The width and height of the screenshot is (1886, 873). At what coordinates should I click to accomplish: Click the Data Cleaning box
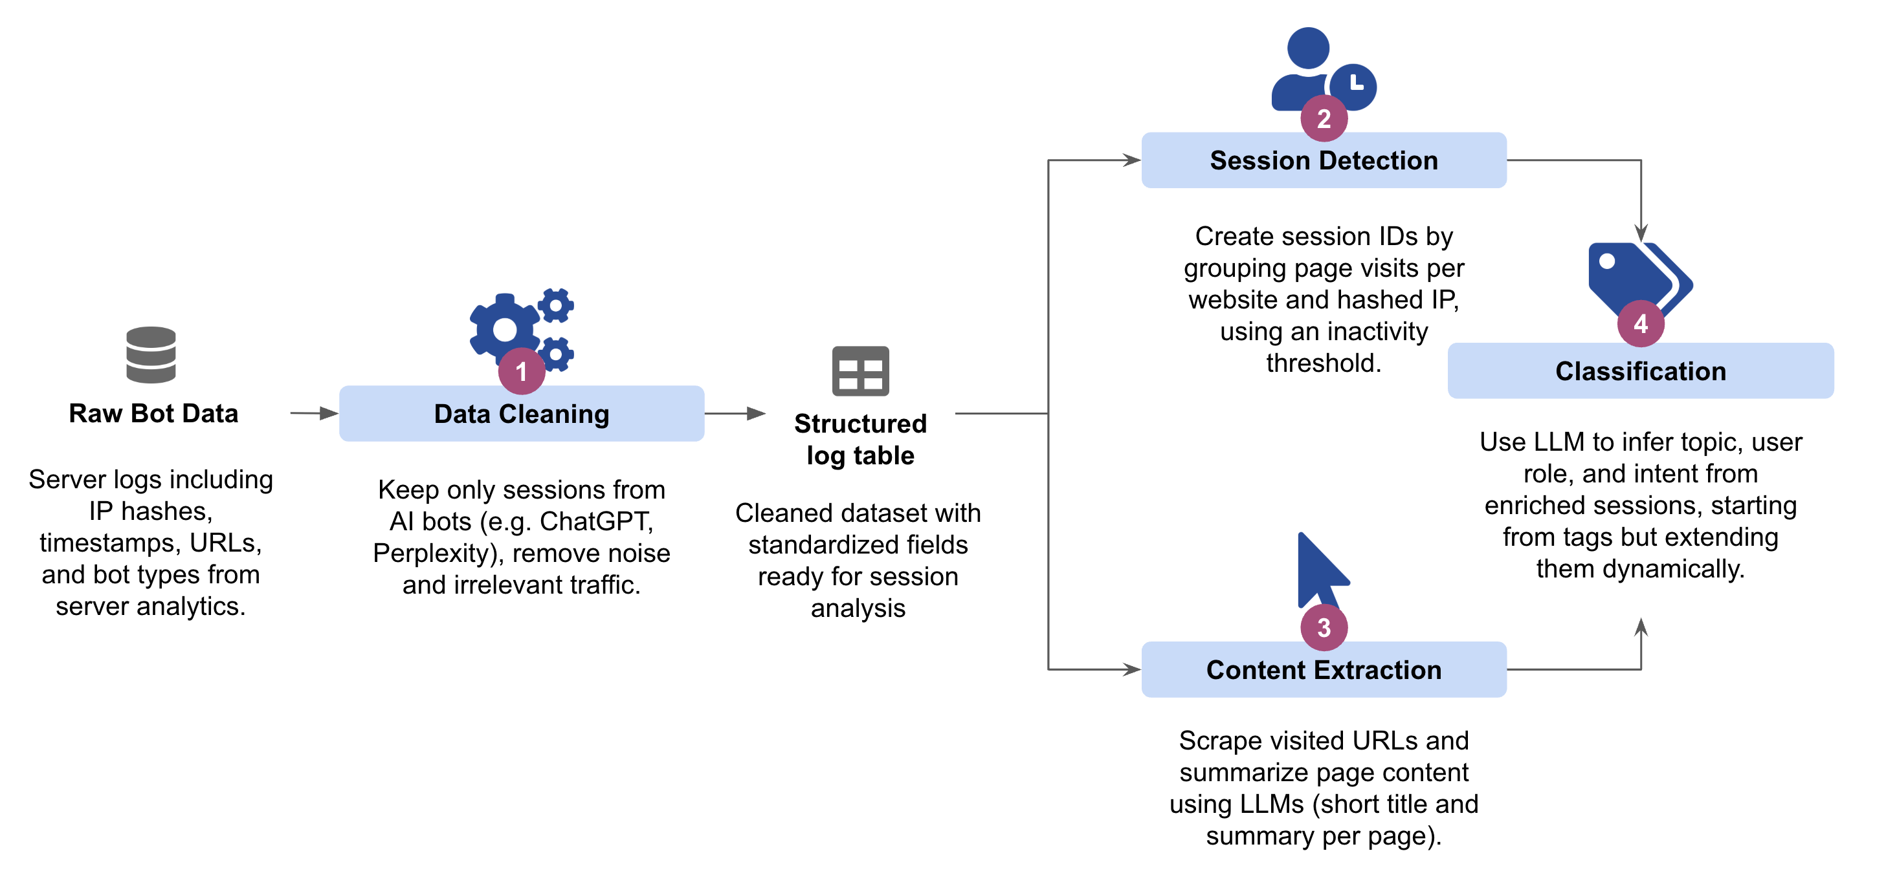tap(521, 413)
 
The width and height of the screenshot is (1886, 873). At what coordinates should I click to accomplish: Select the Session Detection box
tap(1323, 160)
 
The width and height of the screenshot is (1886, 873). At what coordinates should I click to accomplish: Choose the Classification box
tap(1640, 371)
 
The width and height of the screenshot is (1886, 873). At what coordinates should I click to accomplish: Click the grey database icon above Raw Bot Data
tap(151, 355)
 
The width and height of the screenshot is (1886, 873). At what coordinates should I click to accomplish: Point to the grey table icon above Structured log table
tap(860, 371)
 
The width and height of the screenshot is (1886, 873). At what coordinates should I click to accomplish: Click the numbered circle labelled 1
tap(521, 371)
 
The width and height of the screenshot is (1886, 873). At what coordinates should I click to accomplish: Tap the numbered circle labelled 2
tap(1324, 118)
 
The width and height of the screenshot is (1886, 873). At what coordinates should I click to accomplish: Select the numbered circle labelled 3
tap(1324, 627)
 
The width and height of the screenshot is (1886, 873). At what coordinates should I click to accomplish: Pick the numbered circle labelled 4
tap(1640, 323)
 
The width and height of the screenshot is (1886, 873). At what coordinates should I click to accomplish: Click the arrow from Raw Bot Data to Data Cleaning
tap(313, 413)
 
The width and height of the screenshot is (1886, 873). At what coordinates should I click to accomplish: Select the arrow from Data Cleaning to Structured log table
tap(735, 413)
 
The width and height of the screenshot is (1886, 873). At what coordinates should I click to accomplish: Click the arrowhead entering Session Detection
tap(1131, 160)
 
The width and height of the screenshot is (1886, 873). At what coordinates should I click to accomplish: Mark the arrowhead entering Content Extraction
tap(1131, 669)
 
